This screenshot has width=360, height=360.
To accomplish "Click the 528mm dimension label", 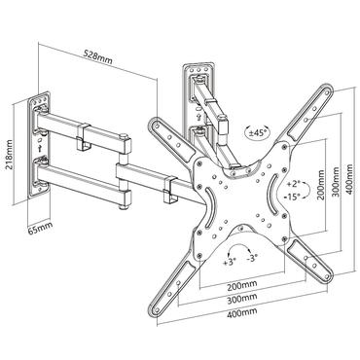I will click(x=95, y=54).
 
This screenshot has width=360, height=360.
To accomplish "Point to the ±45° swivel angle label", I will click(x=233, y=132).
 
